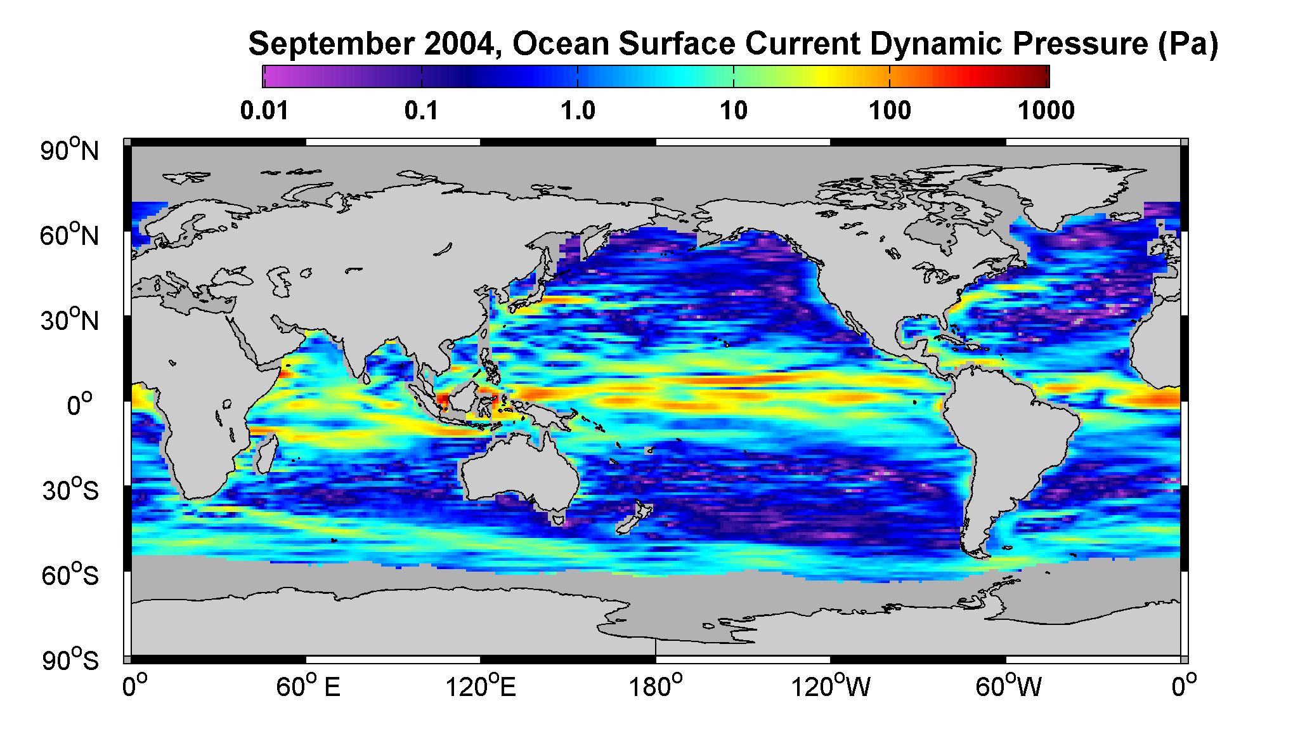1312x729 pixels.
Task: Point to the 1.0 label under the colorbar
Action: [578, 111]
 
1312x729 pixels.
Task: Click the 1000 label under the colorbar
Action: [1046, 111]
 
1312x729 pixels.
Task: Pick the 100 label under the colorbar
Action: [890, 111]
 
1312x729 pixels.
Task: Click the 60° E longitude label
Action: [308, 687]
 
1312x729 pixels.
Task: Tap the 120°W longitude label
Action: [830, 687]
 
